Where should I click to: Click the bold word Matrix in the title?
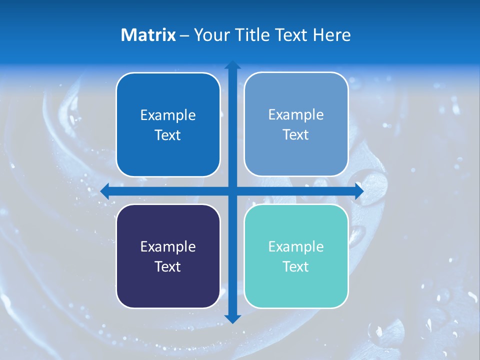[148, 35]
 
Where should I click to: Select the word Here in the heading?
[332, 35]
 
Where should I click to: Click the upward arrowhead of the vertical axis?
[232, 65]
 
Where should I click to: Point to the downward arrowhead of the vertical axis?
[232, 318]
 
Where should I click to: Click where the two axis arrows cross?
[232, 190]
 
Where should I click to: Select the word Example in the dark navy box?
[168, 246]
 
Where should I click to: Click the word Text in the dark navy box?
[168, 266]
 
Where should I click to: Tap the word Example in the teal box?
[296, 246]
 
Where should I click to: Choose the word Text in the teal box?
[296, 266]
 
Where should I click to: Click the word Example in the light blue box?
[296, 114]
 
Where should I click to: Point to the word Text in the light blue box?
[296, 134]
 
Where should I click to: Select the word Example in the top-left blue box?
[168, 115]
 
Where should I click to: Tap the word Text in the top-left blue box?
[168, 135]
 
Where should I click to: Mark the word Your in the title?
[210, 35]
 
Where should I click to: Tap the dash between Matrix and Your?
[184, 35]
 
